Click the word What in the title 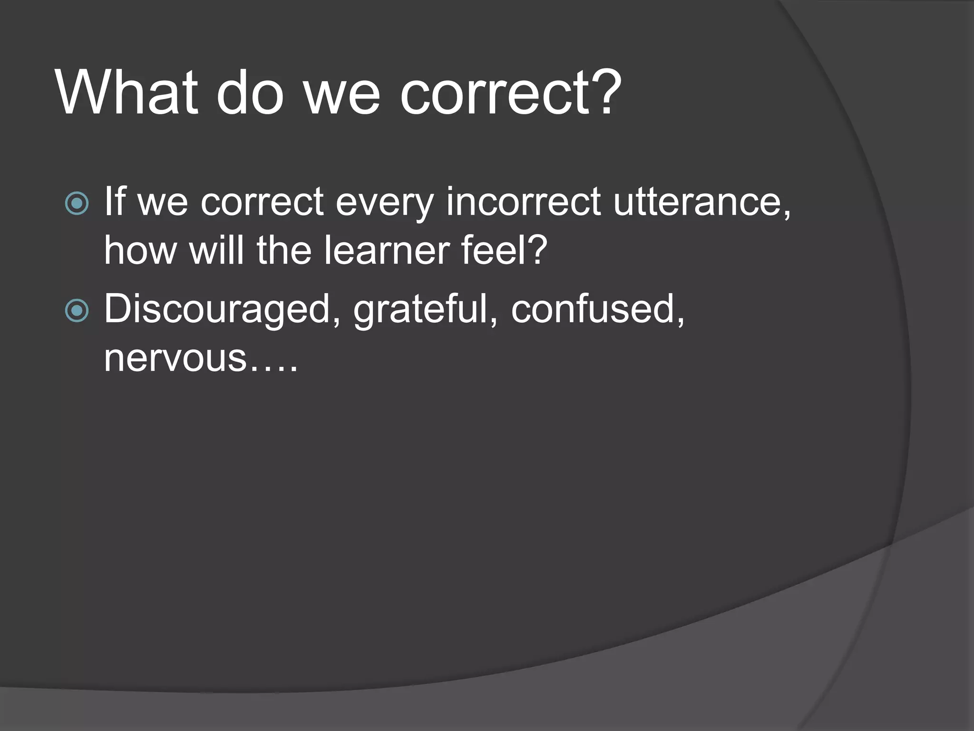pyautogui.click(x=127, y=92)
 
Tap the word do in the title pyautogui.click(x=250, y=92)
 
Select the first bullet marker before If pyautogui.click(x=77, y=204)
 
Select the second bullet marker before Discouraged pyautogui.click(x=77, y=311)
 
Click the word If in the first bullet pyautogui.click(x=114, y=202)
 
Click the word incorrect pyautogui.click(x=523, y=202)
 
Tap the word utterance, pyautogui.click(x=702, y=202)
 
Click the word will pyautogui.click(x=217, y=250)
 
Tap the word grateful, pyautogui.click(x=425, y=310)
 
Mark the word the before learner pyautogui.click(x=284, y=250)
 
